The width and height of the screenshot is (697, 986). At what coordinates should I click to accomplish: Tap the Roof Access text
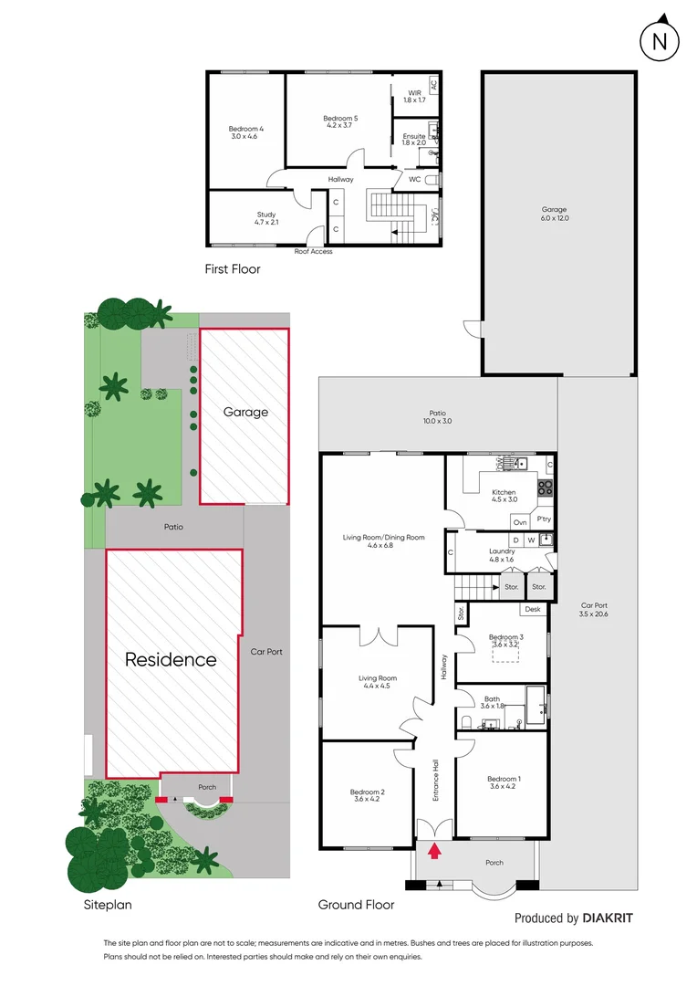313,251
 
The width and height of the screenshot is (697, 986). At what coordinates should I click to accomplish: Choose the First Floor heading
232,269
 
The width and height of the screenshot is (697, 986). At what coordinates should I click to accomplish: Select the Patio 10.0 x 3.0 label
438,417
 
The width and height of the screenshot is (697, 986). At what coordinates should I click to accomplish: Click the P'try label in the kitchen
544,519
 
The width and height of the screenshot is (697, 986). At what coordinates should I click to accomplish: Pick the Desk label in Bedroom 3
533,609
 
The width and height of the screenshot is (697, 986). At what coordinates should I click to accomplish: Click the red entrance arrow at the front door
435,851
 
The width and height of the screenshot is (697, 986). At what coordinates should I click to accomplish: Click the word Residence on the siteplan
171,659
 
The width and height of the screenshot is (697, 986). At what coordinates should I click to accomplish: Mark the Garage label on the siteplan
245,412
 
